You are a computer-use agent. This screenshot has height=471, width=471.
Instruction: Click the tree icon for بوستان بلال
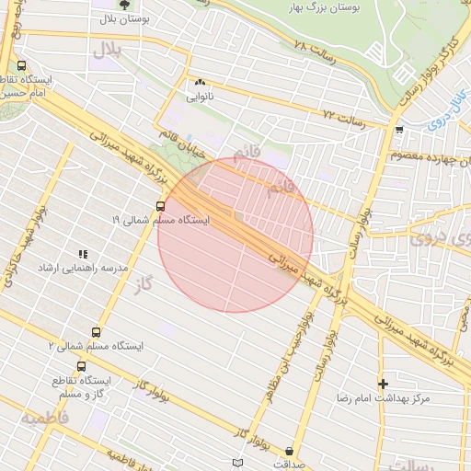coord(125,5)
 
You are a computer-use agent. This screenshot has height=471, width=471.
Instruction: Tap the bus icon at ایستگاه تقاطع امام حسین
coord(22,65)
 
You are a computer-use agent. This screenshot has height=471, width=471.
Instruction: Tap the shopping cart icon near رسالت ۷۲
coord(397,130)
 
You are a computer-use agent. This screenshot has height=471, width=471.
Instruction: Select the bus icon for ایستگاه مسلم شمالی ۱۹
coord(161,206)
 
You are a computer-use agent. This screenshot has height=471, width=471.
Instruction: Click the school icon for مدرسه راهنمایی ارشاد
coord(82,253)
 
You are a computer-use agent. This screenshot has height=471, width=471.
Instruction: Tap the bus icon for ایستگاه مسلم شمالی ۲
coord(96,332)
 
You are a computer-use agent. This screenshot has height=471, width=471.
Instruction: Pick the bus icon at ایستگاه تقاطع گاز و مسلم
coord(81,366)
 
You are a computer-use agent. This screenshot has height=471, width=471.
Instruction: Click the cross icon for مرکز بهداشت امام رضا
coord(383,383)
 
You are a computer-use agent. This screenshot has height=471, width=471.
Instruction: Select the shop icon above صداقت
coord(292,451)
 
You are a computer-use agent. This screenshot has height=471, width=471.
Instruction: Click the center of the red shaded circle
coord(235,235)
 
